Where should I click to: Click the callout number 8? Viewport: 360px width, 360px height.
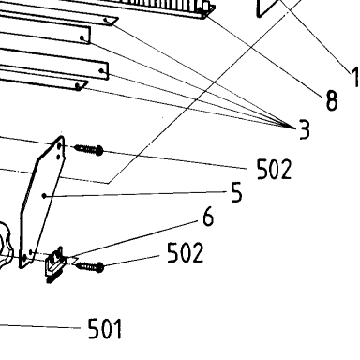pos(331,100)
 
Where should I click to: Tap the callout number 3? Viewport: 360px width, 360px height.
pos(304,129)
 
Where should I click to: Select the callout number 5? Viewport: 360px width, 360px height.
pos(236,192)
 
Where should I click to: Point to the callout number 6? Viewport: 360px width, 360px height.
pos(208,216)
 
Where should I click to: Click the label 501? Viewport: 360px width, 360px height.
pos(105,328)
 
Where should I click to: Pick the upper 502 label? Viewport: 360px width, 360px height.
pos(274,169)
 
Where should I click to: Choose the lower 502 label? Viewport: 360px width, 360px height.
pos(186,252)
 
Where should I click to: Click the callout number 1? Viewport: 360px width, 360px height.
pos(355,77)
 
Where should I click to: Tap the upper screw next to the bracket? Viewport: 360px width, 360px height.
pos(89,150)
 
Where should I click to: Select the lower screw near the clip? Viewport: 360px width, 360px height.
pos(90,267)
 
